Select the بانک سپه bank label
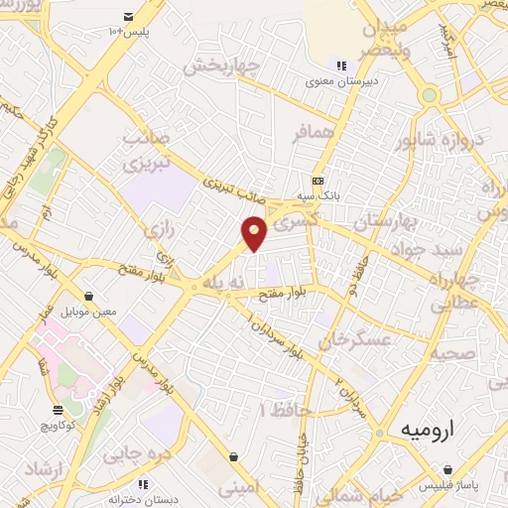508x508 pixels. [x=322, y=196]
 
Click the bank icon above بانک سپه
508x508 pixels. [x=317, y=181]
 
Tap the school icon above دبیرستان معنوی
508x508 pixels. [x=341, y=66]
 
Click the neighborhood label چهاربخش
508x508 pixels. [x=222, y=68]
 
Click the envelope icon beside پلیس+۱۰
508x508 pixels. [x=128, y=17]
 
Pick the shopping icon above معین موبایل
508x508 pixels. [x=90, y=296]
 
